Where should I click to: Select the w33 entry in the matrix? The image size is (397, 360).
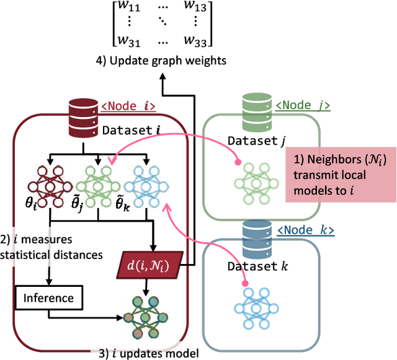point(198,42)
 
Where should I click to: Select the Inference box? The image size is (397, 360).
point(48,297)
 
